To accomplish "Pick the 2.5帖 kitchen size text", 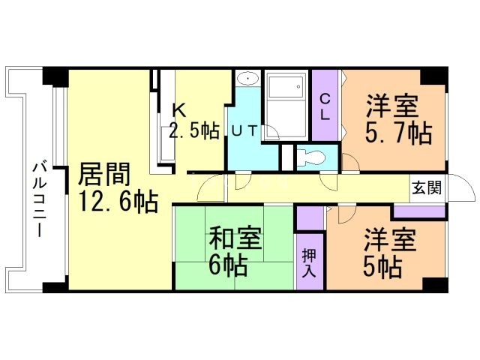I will point(194,130).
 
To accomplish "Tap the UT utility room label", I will point(244,130).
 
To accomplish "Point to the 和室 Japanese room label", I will point(235,239).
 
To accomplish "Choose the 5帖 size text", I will point(382,265).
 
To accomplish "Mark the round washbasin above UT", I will point(247,79).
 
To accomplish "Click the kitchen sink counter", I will point(166,142).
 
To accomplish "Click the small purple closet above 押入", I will point(309,217).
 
